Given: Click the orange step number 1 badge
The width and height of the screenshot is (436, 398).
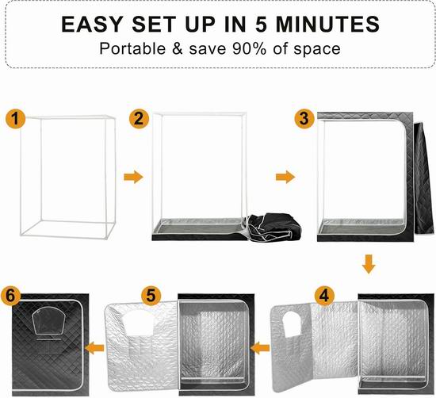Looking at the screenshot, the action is coord(16,119).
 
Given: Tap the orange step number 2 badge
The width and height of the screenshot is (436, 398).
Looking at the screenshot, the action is coord(139,119).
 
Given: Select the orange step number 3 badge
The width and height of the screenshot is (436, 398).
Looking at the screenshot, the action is coord(304,119).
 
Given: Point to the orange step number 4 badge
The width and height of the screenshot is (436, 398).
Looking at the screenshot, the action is coord(324,296).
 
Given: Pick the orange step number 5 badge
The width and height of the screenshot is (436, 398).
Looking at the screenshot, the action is coord(151,296).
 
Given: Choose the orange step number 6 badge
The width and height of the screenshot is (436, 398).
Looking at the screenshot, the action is coord(10,296).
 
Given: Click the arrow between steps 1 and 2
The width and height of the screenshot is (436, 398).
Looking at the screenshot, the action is coord(133,177).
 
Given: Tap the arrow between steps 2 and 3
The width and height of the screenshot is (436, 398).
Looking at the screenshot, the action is coord(285,177).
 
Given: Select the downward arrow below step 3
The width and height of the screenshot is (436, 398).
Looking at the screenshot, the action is coord(369,264).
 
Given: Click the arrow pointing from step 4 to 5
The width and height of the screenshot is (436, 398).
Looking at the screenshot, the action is coord(260,348).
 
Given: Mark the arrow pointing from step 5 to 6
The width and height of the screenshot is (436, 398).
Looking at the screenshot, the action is coord(94,348).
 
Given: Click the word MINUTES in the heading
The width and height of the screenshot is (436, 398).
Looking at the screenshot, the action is coord(327,25).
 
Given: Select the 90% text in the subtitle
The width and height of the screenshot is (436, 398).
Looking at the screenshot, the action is coord(249,48).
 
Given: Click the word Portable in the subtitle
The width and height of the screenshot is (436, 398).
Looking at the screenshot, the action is coord(132,48).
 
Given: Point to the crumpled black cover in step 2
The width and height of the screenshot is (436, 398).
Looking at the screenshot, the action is coord(274,228).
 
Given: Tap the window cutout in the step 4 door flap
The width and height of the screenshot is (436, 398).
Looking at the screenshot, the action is coord(292,324).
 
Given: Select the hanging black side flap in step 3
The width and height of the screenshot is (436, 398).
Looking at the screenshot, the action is coord(423,178).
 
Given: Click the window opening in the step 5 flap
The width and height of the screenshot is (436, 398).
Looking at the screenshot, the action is coord(138,323).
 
